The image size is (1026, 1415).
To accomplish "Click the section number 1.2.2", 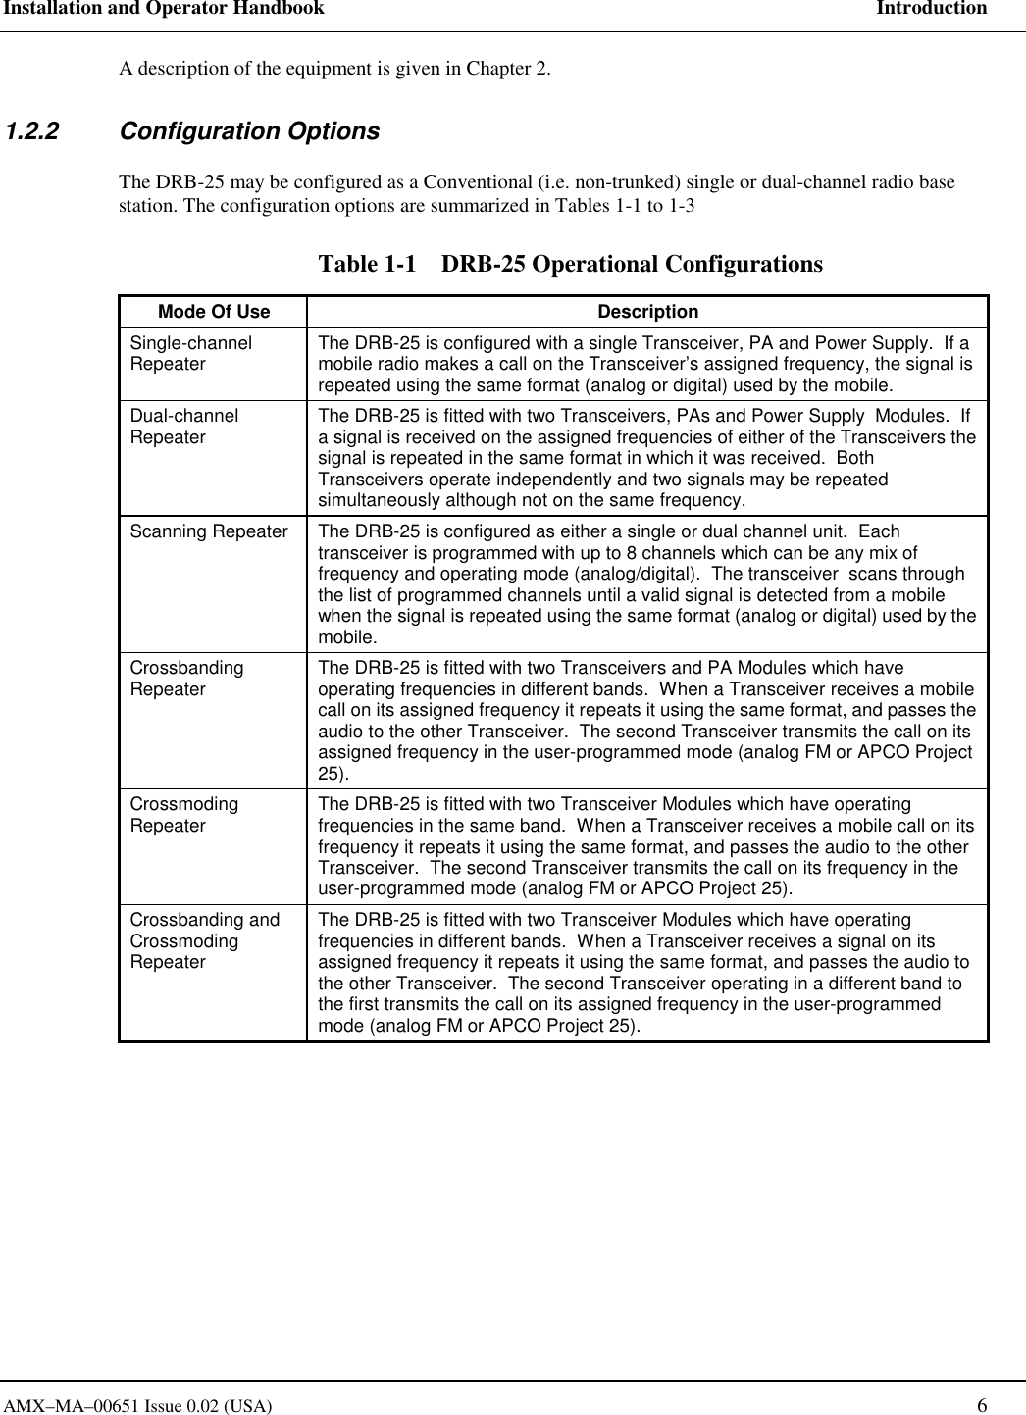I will (32, 131).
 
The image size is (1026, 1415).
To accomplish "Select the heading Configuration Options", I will (249, 131).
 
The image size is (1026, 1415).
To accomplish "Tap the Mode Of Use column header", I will (213, 312).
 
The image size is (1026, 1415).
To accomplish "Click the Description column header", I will (647, 312).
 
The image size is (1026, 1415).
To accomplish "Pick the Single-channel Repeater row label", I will (190, 353).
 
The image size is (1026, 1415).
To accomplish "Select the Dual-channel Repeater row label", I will (183, 427).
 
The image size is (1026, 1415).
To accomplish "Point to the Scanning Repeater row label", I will (209, 531).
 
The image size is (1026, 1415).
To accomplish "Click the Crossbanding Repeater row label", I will (186, 679).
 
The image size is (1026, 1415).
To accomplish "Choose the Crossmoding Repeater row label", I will (183, 815).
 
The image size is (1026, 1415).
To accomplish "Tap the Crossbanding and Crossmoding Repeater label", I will (204, 940).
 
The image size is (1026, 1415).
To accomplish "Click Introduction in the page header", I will (931, 9).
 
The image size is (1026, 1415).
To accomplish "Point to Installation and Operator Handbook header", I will (163, 9).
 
